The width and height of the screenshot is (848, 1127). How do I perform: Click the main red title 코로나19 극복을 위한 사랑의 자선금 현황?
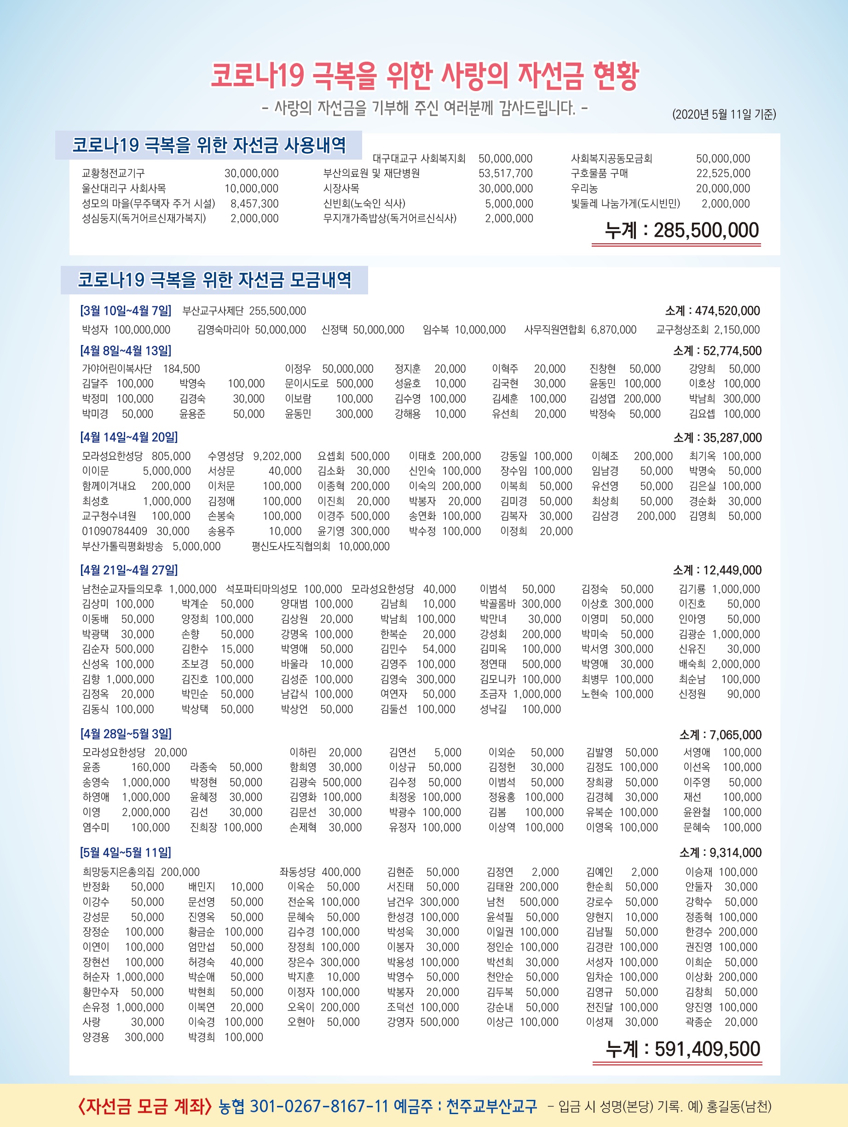pos(425,76)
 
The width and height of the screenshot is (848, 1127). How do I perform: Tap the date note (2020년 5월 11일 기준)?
pos(724,114)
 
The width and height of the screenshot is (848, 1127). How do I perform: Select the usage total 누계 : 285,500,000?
pos(681,231)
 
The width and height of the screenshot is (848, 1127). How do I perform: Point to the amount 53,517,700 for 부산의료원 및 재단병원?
pos(505,173)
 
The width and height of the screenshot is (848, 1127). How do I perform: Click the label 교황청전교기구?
pos(113,173)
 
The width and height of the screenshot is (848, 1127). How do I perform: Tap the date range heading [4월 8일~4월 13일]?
pos(125,351)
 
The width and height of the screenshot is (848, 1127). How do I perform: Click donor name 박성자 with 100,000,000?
pos(95,330)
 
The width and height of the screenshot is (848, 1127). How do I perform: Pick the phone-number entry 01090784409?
pos(115,531)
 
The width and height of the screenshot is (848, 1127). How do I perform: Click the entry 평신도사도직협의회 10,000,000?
pos(320,546)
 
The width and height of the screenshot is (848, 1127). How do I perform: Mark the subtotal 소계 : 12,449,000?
pos(717,570)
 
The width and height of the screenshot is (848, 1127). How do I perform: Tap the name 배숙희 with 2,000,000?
pos(692,664)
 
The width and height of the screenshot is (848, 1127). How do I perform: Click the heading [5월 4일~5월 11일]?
pos(125,852)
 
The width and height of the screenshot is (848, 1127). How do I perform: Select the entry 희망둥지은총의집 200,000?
pos(141,872)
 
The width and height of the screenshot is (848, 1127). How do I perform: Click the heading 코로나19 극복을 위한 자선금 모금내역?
pos(214,280)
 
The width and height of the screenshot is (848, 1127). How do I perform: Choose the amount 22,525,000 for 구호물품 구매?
pos(723,173)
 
